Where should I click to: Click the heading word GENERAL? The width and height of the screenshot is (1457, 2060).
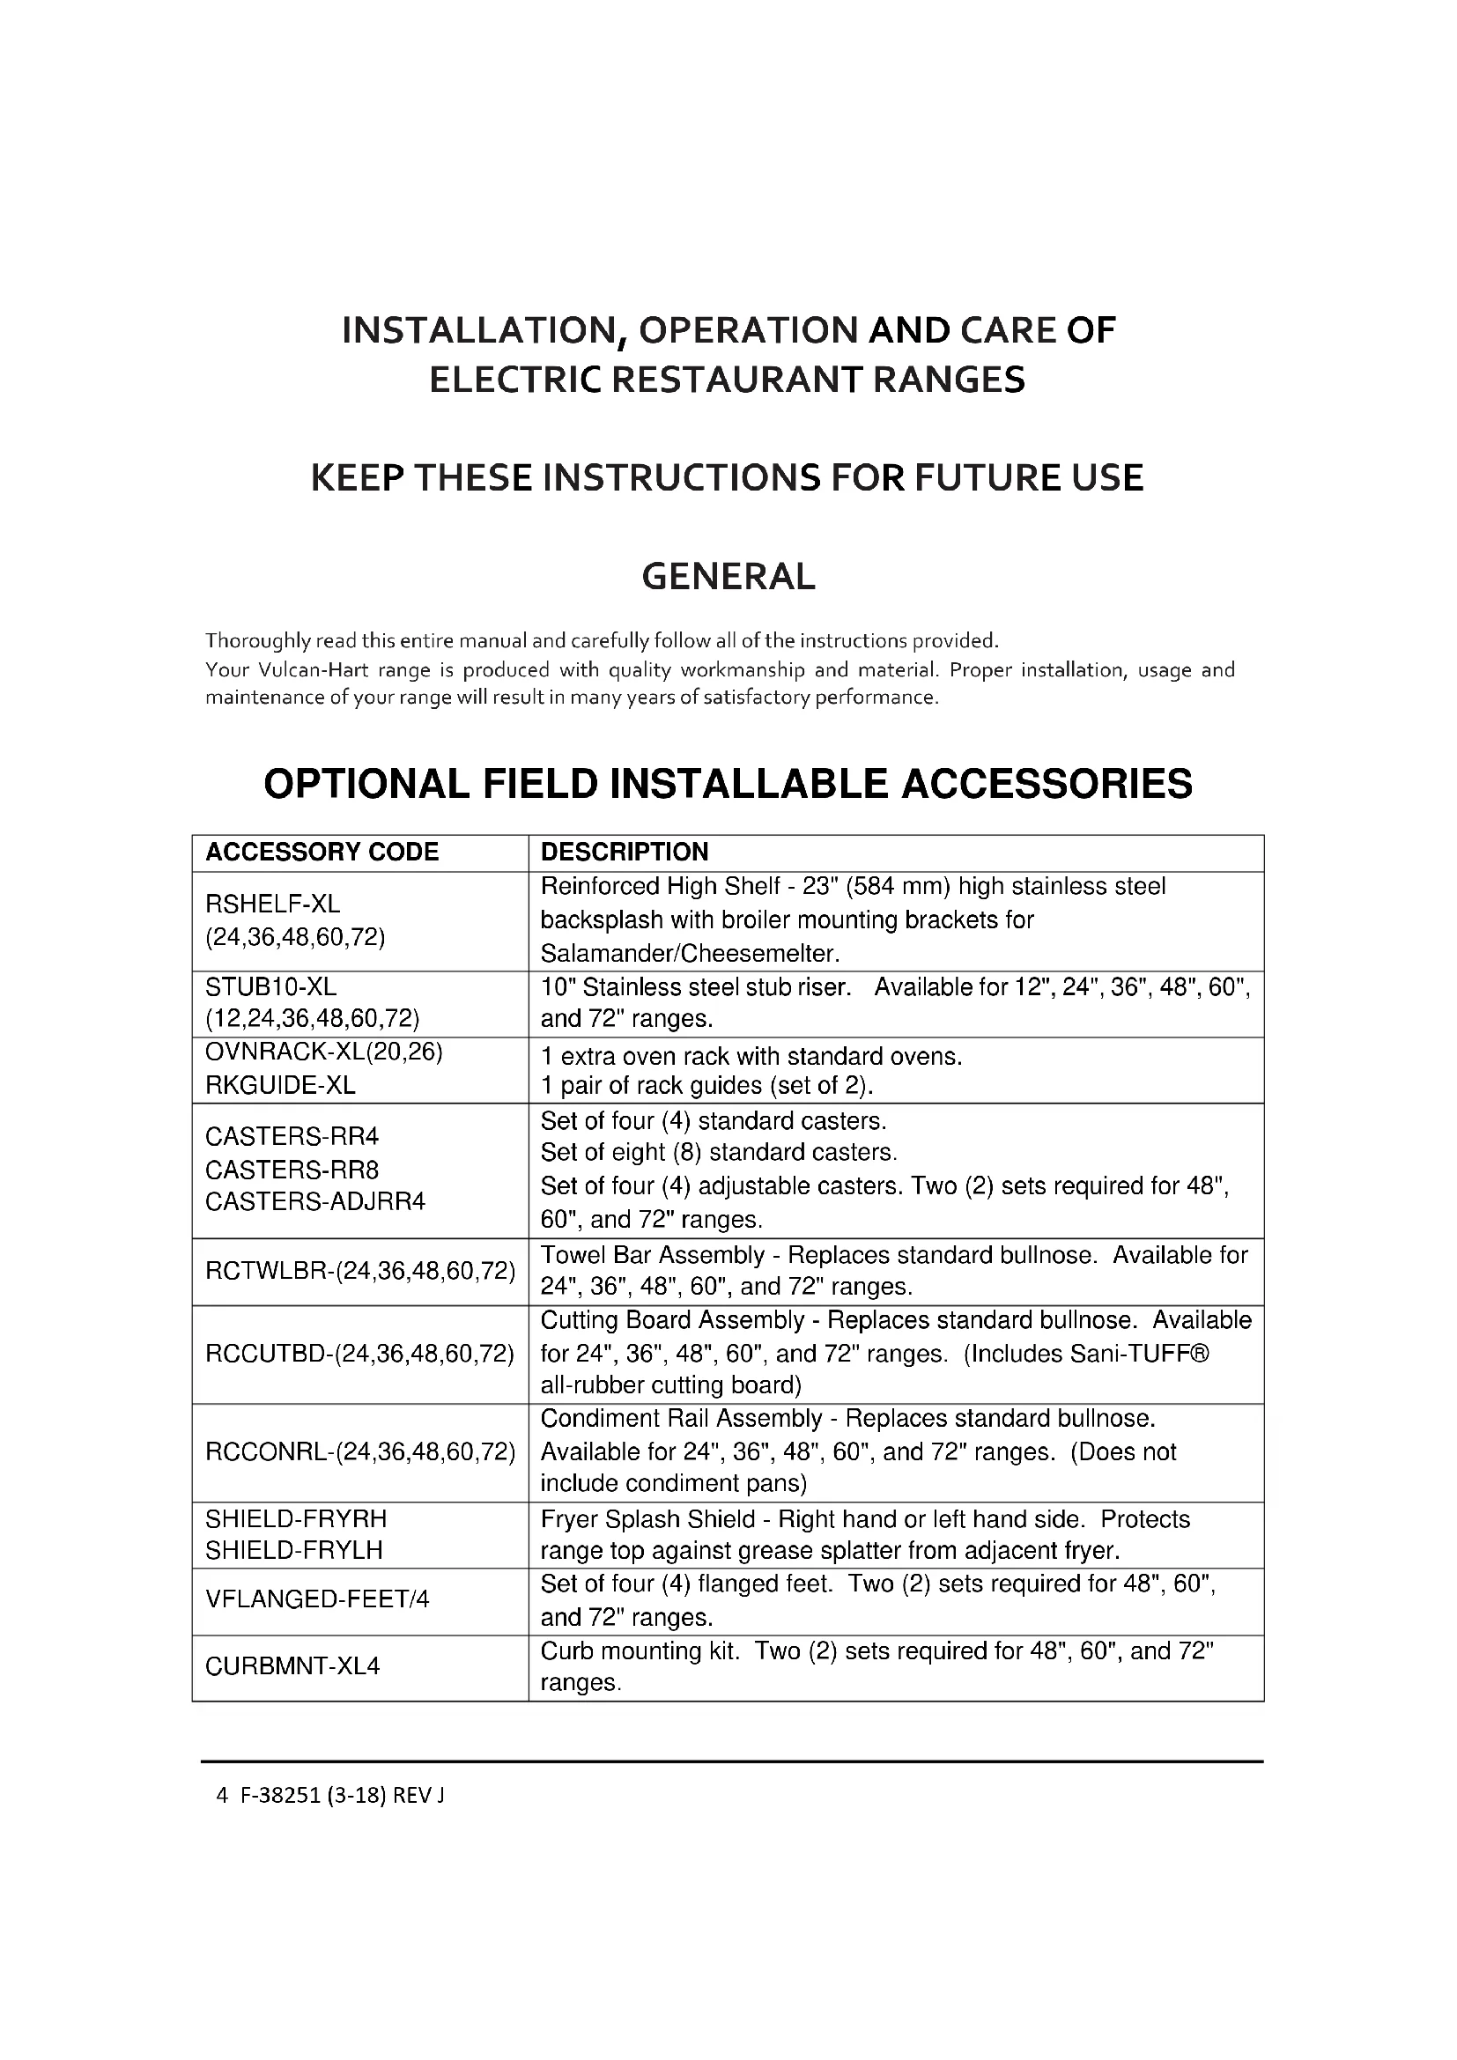point(728,576)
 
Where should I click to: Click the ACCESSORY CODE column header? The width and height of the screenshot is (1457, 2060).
point(322,853)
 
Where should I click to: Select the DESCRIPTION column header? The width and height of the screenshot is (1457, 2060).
point(625,853)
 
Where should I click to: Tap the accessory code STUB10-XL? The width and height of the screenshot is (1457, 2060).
point(271,987)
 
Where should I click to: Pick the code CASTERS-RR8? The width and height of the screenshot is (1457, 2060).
point(292,1170)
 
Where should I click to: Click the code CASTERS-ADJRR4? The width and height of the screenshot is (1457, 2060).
point(314,1201)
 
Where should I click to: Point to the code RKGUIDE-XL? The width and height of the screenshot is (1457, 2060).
point(280,1086)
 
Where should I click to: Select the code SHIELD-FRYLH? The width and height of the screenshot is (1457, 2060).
point(294,1549)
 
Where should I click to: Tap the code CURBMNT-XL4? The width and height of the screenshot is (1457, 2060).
point(292,1666)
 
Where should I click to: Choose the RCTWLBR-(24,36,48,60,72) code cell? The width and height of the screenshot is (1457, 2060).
point(359,1271)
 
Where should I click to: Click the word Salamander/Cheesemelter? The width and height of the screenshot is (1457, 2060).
point(690,953)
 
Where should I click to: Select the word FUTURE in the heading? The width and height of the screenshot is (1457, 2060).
point(974,477)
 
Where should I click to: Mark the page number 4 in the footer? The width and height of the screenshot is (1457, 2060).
point(221,1795)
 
